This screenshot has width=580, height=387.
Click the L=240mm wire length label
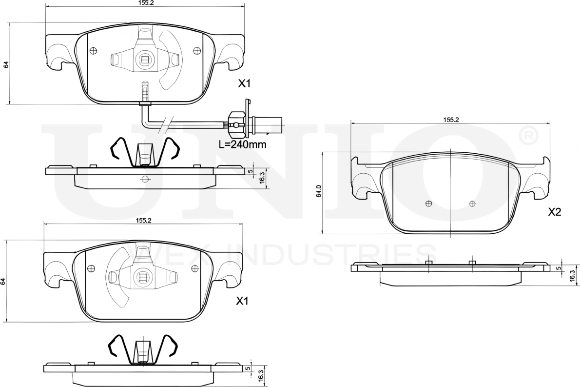[x=242, y=144]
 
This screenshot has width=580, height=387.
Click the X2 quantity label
[x=555, y=212]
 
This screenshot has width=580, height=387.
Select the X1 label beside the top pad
[x=244, y=84]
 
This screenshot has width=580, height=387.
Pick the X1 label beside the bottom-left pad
[x=242, y=302]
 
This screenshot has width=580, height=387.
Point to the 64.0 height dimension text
[x=318, y=191]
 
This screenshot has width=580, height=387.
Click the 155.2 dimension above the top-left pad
[x=143, y=2]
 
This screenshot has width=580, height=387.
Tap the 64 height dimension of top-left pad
[x=6, y=64]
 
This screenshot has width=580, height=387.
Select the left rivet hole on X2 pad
[x=428, y=204]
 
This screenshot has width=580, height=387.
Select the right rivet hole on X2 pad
[x=471, y=204]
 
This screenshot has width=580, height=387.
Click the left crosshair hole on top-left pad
[x=93, y=50]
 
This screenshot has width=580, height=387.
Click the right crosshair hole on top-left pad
[x=197, y=50]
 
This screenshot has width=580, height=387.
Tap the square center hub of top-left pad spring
[x=145, y=61]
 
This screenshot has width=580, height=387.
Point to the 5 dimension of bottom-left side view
[x=248, y=369]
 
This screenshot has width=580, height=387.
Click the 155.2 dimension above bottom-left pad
[x=143, y=221]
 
